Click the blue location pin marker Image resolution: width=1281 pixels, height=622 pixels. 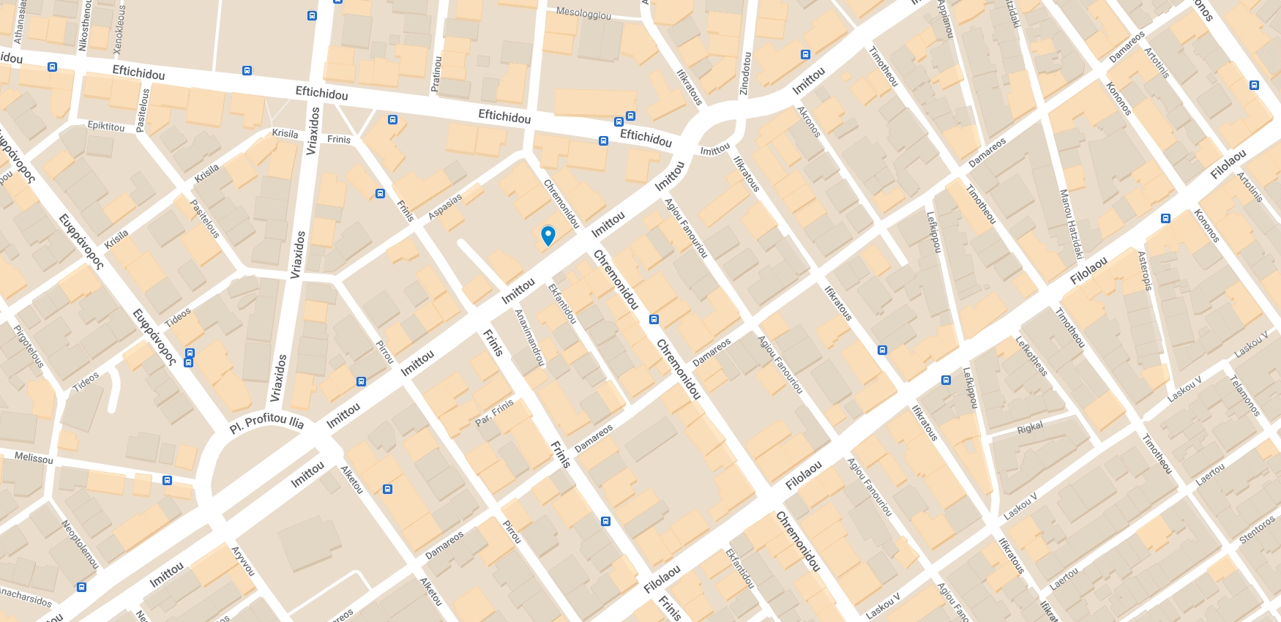pos(548,235)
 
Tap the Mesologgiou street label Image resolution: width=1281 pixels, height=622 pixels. pos(583,12)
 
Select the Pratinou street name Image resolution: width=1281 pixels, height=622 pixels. pos(436,74)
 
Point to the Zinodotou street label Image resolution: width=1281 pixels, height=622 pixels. pos(745,73)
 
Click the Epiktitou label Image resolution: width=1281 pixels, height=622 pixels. pos(106,126)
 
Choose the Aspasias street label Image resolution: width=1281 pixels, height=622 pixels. pos(445,206)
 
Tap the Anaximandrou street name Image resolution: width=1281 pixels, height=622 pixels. pos(530,337)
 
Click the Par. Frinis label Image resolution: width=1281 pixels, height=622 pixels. pos(495,413)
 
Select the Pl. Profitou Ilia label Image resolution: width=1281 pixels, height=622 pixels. pos(266,422)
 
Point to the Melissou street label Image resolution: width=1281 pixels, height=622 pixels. pos(34,458)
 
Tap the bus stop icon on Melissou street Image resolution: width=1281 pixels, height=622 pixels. pos(167,481)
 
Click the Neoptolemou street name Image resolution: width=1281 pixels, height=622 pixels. pos(80,544)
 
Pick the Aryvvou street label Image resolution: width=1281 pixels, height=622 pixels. pos(243,561)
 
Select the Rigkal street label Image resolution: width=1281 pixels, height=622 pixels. pos(1030,427)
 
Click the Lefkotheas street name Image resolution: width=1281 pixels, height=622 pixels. pos(1031,356)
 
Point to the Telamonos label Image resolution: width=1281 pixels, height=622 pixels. pos(1244,396)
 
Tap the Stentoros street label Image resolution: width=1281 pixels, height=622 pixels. pos(1257,530)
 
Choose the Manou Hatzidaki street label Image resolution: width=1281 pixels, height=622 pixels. pos(1071,224)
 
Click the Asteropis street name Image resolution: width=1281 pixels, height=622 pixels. pos(1145,271)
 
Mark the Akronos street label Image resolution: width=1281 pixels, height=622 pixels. pos(809,121)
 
